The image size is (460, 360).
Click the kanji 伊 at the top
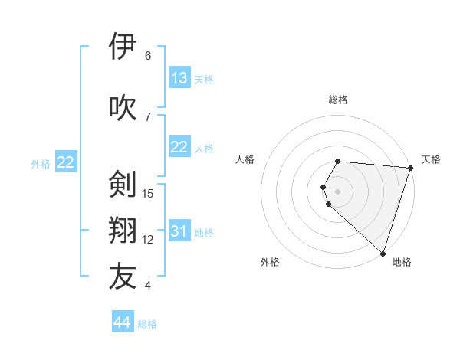[123, 47]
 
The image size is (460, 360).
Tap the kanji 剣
[123, 185]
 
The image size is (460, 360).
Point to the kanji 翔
[123, 231]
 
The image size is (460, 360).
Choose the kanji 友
[123, 277]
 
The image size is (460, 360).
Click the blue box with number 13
[179, 78]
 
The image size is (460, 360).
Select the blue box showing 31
[179, 231]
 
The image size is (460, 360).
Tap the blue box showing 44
[122, 322]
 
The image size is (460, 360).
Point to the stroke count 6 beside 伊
[148, 56]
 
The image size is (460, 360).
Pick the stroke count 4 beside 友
[148, 286]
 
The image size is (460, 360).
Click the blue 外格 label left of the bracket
[41, 163]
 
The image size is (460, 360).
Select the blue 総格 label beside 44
[147, 324]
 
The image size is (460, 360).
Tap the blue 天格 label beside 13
[204, 80]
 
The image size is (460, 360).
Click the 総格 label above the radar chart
[338, 100]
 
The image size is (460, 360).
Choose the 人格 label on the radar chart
[245, 159]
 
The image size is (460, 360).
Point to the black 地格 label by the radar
[402, 262]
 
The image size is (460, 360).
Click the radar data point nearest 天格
[410, 168]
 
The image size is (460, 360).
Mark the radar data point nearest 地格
[383, 253]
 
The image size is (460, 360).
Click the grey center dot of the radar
[338, 190]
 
